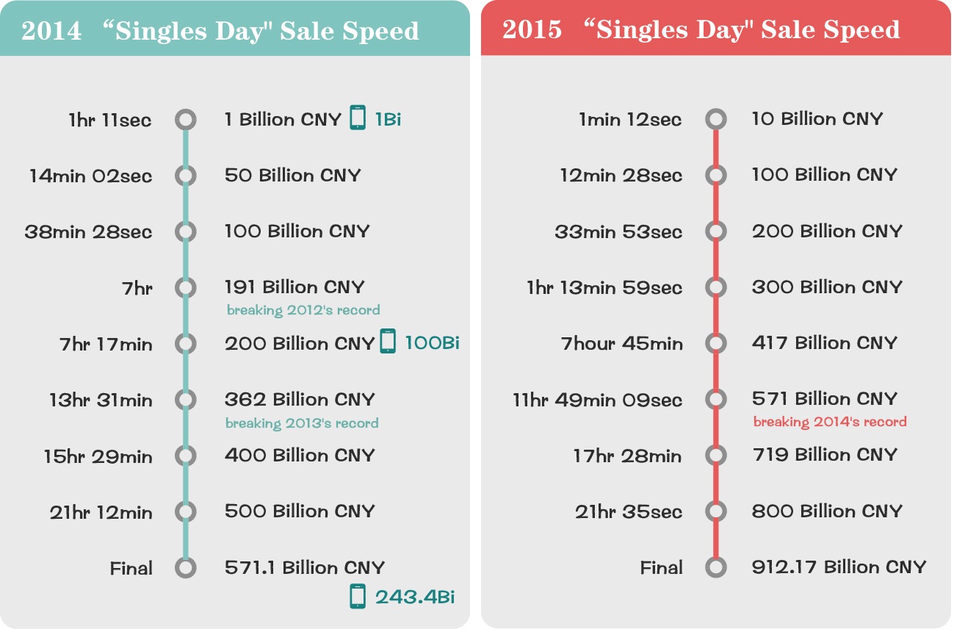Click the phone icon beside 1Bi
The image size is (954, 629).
click(x=358, y=118)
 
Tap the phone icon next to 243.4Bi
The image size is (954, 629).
click(x=358, y=596)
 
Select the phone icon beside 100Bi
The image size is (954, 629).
click(x=388, y=342)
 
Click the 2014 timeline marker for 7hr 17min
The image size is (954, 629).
click(x=186, y=343)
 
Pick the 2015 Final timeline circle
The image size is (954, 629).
click(x=715, y=567)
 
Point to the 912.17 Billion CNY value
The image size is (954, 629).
click(x=839, y=567)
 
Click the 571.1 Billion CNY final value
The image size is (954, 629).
click(x=305, y=567)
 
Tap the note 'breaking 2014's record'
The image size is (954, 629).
click(x=829, y=422)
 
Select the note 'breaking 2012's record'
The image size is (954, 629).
click(x=303, y=310)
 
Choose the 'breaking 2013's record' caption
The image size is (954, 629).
click(x=302, y=423)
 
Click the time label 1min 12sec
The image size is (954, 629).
click(x=630, y=119)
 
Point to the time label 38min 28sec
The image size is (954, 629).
click(x=88, y=232)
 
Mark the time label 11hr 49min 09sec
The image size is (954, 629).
click(x=597, y=400)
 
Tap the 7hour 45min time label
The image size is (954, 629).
click(x=622, y=344)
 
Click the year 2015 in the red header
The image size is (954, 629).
click(x=532, y=29)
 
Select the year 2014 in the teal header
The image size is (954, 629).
click(x=51, y=31)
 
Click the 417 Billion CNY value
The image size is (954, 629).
click(x=824, y=343)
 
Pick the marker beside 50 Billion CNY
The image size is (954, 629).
click(x=186, y=176)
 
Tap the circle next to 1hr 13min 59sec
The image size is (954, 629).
click(x=715, y=287)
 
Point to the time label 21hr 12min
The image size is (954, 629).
click(x=101, y=513)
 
